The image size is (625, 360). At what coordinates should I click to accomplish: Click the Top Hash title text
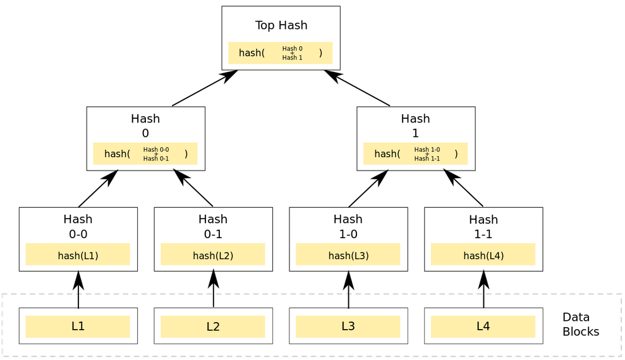[x=281, y=25]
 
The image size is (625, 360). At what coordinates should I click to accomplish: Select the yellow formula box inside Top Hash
[x=281, y=53]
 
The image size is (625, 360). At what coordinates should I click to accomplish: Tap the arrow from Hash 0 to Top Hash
[x=204, y=88]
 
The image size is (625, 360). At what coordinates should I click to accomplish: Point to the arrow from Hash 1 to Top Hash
[x=358, y=88]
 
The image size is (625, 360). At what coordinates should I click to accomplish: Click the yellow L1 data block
[x=78, y=327]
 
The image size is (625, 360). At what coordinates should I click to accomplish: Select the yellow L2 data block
[x=213, y=327]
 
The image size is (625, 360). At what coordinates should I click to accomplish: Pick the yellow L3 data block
[x=348, y=327]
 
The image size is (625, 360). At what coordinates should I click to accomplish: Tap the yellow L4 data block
[x=483, y=327]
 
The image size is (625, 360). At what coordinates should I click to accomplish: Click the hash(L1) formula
[x=78, y=255]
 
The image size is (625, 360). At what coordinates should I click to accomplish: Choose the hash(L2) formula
[x=213, y=255]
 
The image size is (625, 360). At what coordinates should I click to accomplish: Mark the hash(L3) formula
[x=348, y=255]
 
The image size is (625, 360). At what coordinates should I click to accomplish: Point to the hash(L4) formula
[x=483, y=255]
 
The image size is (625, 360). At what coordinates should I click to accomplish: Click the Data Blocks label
[x=580, y=325]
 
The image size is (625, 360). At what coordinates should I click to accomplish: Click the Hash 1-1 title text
[x=483, y=227]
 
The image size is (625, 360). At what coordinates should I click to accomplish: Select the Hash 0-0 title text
[x=78, y=227]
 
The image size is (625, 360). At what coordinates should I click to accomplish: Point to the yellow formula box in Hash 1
[x=415, y=153]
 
